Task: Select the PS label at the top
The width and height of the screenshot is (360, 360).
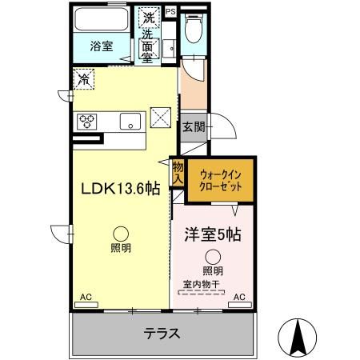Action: pyautogui.click(x=171, y=10)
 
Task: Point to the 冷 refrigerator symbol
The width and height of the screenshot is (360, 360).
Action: pyautogui.click(x=84, y=78)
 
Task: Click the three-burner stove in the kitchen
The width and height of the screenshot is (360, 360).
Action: pyautogui.click(x=86, y=121)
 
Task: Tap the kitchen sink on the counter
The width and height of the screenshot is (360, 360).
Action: pyautogui.click(x=127, y=121)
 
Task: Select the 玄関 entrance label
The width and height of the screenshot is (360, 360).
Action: pyautogui.click(x=192, y=126)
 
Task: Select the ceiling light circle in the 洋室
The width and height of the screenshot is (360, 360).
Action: pyautogui.click(x=212, y=257)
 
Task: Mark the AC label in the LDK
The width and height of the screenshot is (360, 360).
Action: pyautogui.click(x=86, y=298)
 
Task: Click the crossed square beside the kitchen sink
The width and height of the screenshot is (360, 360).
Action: pyautogui.click(x=161, y=118)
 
